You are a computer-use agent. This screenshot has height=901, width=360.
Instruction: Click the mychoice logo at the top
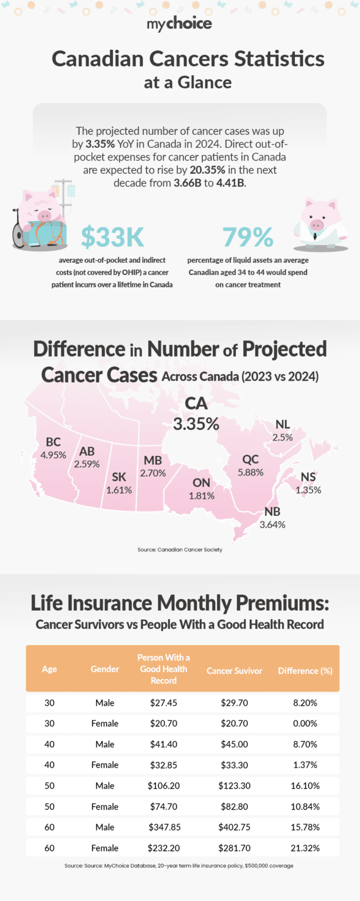[x=179, y=23]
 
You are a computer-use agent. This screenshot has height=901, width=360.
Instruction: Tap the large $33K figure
[x=112, y=236]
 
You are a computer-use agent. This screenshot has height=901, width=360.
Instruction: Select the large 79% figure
[x=248, y=236]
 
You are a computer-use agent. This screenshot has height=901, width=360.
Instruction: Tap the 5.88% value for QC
[x=250, y=472]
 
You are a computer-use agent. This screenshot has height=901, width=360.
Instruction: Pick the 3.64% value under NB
[x=272, y=524]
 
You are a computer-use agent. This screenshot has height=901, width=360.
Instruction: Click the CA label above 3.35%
[x=195, y=404]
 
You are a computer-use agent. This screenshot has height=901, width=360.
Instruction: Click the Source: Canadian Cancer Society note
[x=180, y=550]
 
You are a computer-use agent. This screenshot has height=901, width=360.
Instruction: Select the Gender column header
[x=105, y=669]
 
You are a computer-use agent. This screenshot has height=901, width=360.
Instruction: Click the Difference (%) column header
[x=305, y=670]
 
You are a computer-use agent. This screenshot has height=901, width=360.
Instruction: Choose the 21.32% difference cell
[x=305, y=848]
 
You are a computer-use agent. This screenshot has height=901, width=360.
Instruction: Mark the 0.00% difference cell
[x=305, y=723]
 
